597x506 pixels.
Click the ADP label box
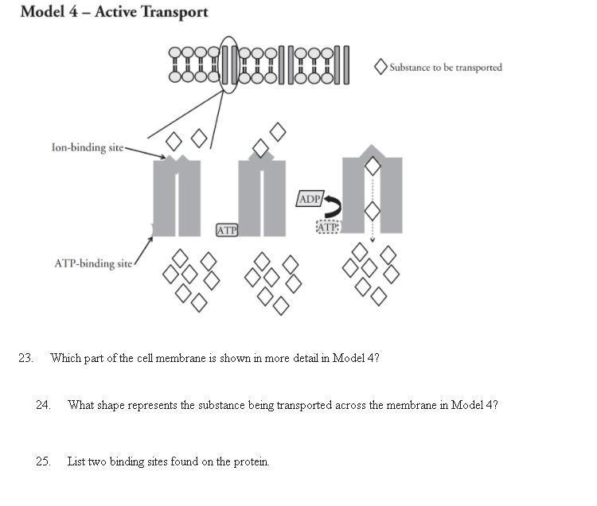tap(309, 199)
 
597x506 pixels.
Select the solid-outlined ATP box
tap(227, 230)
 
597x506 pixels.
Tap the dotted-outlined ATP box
tap(328, 228)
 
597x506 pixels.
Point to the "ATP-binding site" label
tap(93, 263)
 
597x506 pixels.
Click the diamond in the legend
tap(381, 67)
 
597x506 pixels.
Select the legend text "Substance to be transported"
tap(446, 68)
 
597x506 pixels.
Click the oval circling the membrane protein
tap(228, 64)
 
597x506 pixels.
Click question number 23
tap(25, 358)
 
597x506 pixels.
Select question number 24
tap(43, 405)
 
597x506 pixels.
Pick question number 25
tap(43, 461)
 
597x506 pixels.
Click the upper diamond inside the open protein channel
tap(372, 167)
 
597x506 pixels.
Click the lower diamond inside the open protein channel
tap(372, 211)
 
